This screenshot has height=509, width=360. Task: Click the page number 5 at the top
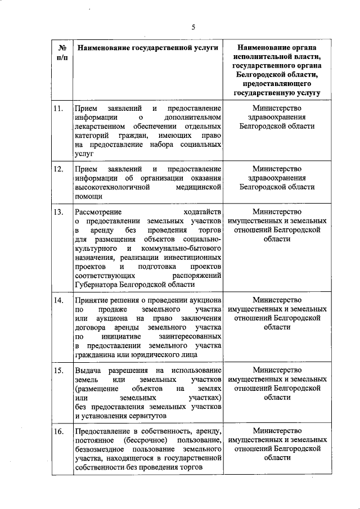(x=193, y=27)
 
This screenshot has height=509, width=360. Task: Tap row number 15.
(x=57, y=371)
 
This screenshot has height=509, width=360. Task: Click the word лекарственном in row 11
(x=97, y=126)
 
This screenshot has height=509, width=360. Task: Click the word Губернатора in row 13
(x=97, y=285)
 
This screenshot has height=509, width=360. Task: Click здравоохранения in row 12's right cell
(x=277, y=178)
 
